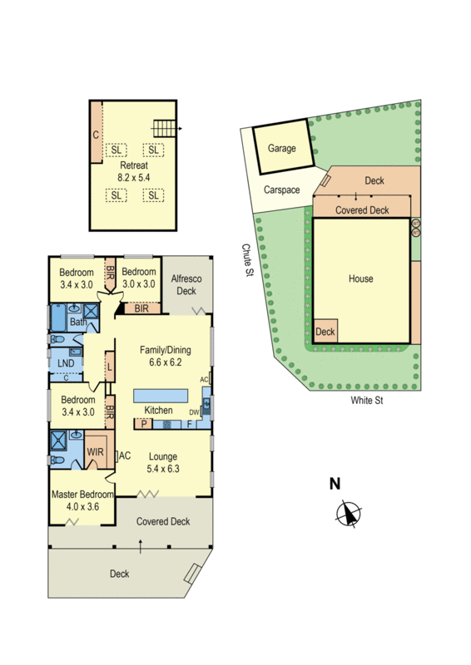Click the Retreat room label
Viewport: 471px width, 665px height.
point(133,165)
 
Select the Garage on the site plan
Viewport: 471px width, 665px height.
point(282,149)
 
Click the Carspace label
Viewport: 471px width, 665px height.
point(282,190)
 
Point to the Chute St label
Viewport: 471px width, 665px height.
point(247,263)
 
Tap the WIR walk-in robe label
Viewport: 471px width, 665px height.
point(95,453)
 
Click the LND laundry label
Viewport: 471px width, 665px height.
point(66,362)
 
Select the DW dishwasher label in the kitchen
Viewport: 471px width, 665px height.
point(194,411)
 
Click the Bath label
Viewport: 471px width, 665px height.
point(78,322)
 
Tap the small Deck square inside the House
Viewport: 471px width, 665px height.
point(326,331)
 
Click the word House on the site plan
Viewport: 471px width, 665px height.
point(360,279)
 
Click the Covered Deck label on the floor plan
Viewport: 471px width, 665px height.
point(163,522)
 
